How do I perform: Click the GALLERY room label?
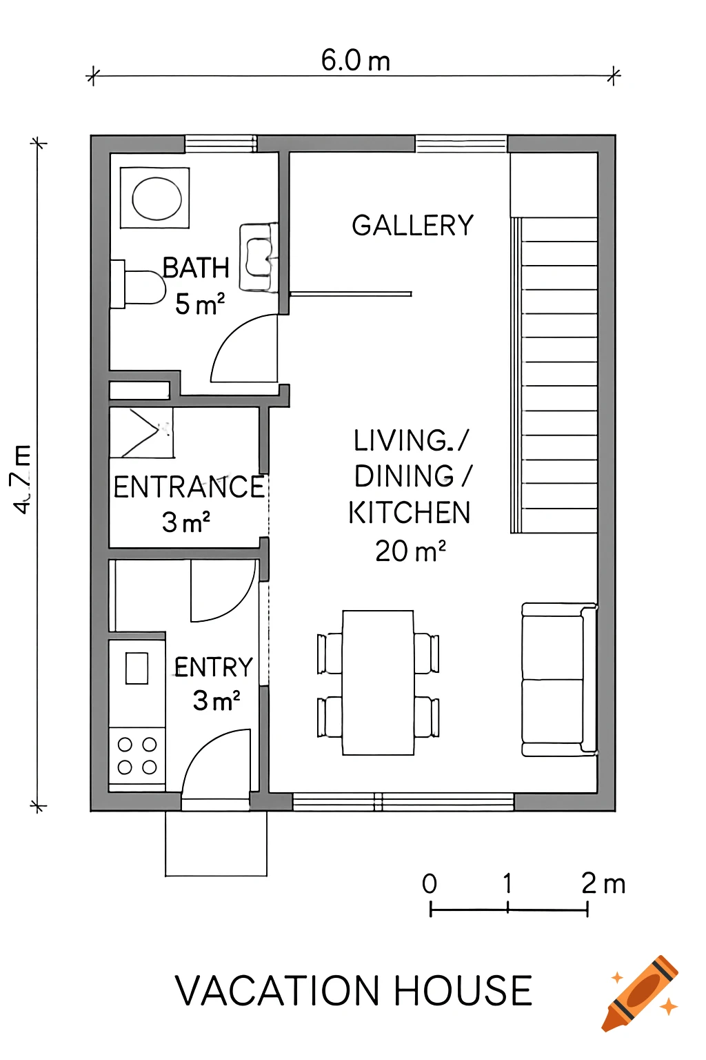pyautogui.click(x=412, y=226)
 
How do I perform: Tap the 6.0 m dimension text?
pyautogui.click(x=356, y=61)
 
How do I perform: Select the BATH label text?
pyautogui.click(x=196, y=268)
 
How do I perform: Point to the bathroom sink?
pyautogui.click(x=259, y=257)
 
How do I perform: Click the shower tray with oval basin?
pyautogui.click(x=155, y=198)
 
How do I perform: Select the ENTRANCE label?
pyautogui.click(x=189, y=487)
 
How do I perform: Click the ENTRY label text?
pyautogui.click(x=214, y=667)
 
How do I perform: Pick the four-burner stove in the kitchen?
pyautogui.click(x=137, y=756)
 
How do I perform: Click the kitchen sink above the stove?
pyautogui.click(x=137, y=669)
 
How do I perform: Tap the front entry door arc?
pyautogui.click(x=214, y=763)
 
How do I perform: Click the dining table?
pyautogui.click(x=378, y=683)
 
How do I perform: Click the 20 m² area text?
pyautogui.click(x=410, y=551)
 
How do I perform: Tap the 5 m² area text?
pyautogui.click(x=200, y=304)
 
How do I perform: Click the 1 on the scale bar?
pyautogui.click(x=507, y=883)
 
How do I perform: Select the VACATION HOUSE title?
pyautogui.click(x=353, y=991)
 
